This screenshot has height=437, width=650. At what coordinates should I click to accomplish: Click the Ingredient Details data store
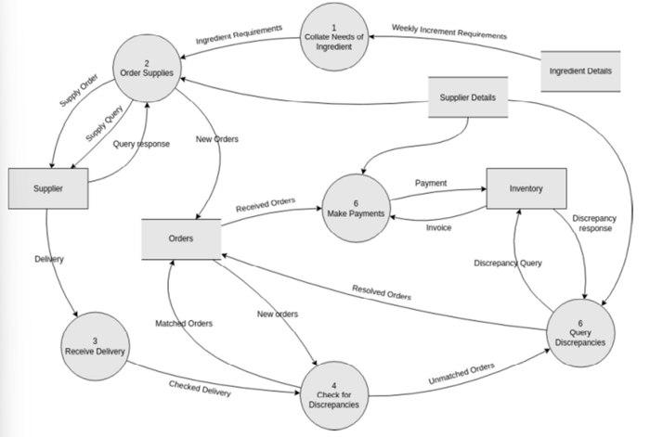(x=581, y=71)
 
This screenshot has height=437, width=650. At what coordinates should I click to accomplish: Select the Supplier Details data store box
(x=467, y=97)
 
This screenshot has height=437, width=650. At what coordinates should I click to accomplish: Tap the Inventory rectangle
(x=526, y=189)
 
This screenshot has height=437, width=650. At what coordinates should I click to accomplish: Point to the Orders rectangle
(x=181, y=238)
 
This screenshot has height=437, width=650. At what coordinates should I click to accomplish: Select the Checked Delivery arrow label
(x=199, y=389)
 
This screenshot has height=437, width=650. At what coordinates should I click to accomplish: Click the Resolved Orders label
(x=383, y=293)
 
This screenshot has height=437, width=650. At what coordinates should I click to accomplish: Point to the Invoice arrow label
(x=439, y=227)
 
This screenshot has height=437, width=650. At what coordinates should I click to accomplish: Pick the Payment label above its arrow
(x=431, y=184)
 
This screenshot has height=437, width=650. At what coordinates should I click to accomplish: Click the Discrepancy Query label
(x=507, y=262)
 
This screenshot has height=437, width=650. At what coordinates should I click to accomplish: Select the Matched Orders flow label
(x=183, y=323)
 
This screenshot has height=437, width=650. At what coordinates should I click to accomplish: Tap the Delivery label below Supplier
(x=48, y=259)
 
